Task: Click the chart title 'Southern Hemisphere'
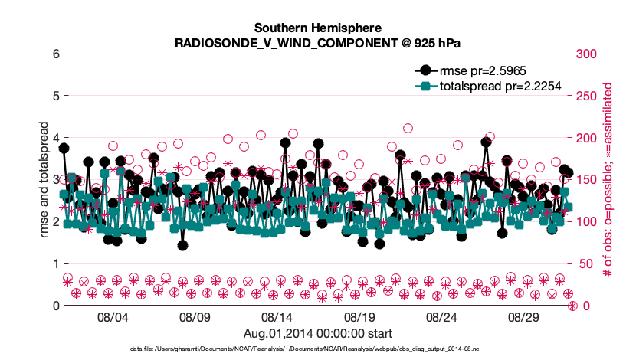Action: pyautogui.click(x=317, y=28)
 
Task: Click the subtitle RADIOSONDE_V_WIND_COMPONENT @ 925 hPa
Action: pyautogui.click(x=317, y=42)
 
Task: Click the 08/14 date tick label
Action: pyautogui.click(x=277, y=317)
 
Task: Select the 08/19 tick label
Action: pyautogui.click(x=359, y=317)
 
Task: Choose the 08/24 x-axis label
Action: pyautogui.click(x=441, y=317)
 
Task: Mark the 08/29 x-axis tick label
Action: pyautogui.click(x=523, y=317)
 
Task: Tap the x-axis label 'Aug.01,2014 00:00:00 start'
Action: pyautogui.click(x=317, y=333)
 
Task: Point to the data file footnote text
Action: pyautogui.click(x=317, y=349)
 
